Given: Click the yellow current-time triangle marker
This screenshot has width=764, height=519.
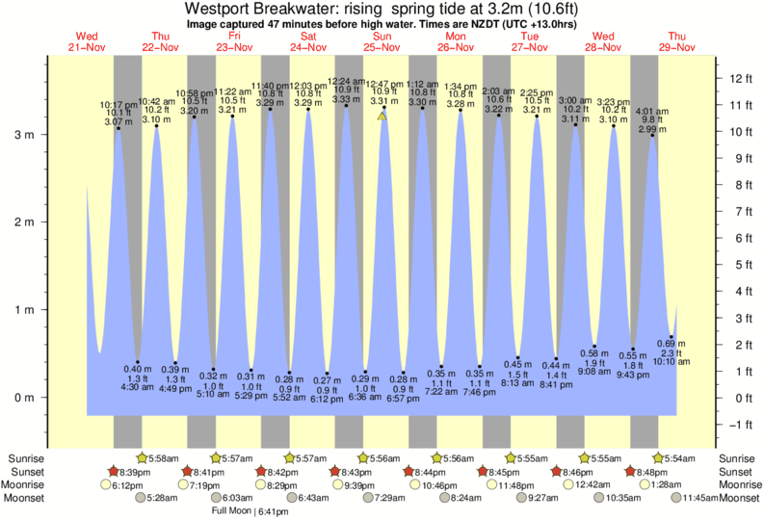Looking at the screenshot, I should [382, 116].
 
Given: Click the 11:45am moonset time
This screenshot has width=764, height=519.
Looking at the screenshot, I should [701, 498].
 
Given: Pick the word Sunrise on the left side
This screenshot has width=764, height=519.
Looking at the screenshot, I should [26, 458].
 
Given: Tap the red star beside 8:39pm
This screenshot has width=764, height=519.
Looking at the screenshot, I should [114, 472].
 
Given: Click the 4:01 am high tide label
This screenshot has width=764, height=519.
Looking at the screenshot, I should [651, 111].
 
